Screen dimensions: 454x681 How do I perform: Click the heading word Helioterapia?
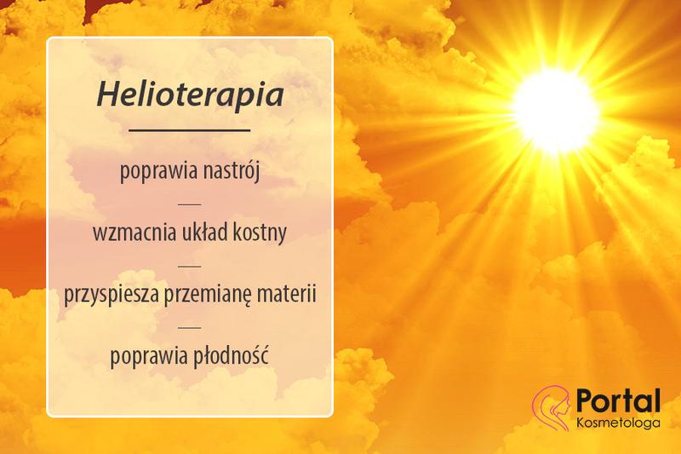coord(189,95)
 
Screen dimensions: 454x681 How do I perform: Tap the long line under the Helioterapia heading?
coord(189,130)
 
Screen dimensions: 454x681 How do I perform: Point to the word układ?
coord(204,233)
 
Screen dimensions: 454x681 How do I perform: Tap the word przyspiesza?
coord(108,295)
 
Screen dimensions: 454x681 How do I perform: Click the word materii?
coord(286,294)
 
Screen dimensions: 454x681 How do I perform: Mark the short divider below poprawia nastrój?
coord(189,203)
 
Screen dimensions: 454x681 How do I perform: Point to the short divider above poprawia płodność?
coord(189,325)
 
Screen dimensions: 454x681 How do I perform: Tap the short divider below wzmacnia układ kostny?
coord(189,264)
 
